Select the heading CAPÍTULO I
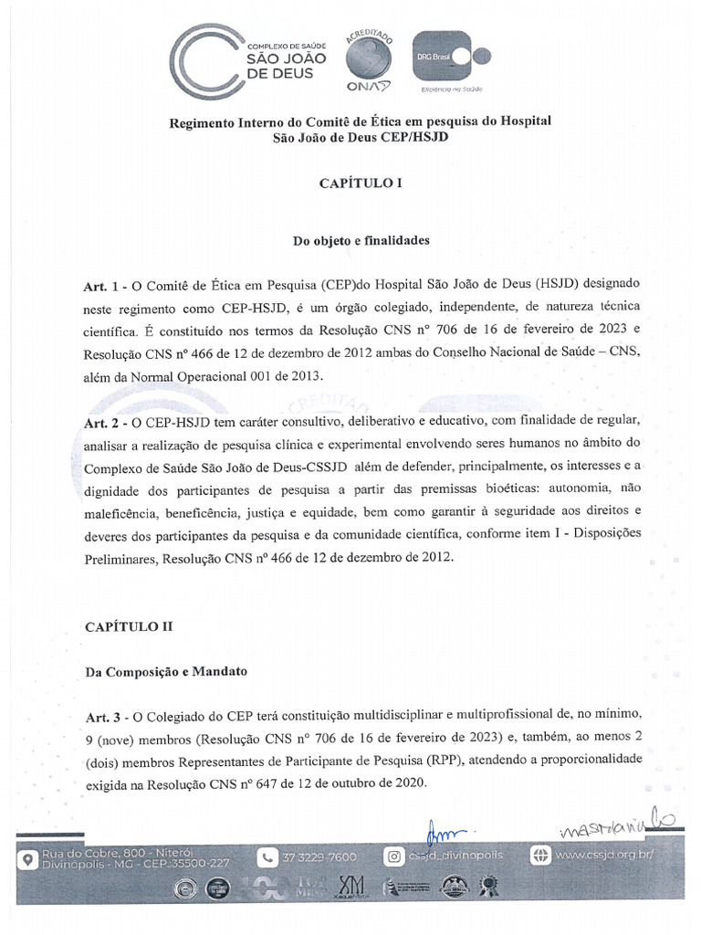click(x=360, y=183)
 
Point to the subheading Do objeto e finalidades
click(x=361, y=241)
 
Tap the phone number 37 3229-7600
click(x=319, y=857)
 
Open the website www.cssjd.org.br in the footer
click(x=605, y=856)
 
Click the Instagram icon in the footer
click(x=394, y=856)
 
